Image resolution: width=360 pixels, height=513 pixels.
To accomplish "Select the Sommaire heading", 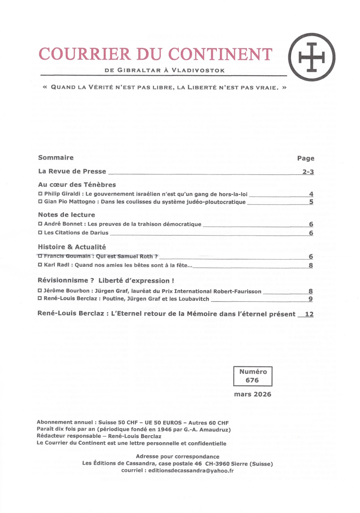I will point(56,158).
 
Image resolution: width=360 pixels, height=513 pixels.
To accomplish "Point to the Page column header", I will point(306,158).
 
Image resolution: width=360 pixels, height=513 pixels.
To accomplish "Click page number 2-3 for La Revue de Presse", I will point(308,172).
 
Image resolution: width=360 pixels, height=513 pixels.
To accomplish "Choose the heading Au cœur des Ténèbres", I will point(77,185).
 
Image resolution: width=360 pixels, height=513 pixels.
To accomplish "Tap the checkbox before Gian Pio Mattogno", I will point(40,202).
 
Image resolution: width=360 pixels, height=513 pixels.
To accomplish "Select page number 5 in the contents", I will point(311,202).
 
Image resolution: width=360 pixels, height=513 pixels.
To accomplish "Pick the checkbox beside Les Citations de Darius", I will point(40,233).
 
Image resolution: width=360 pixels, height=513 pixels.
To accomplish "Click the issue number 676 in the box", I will point(252,380).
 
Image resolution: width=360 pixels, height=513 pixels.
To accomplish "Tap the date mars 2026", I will point(252,394).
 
